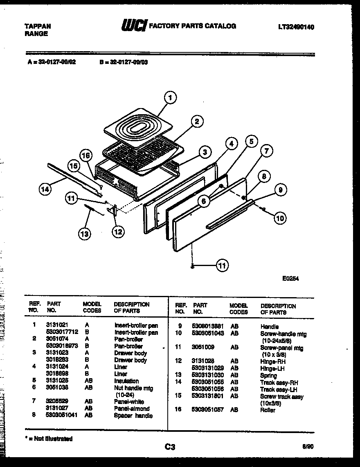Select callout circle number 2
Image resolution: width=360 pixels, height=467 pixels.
pos(197,121)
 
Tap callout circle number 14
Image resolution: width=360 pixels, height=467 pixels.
pos(45,189)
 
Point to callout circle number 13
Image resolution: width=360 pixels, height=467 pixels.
pos(84,234)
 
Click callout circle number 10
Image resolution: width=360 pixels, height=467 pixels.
pos(280,218)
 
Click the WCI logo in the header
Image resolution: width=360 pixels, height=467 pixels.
pos(133,26)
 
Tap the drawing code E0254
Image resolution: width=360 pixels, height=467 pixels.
pos(290,278)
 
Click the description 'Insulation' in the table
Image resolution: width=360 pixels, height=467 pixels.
pos(126,381)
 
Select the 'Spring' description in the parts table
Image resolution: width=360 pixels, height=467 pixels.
pos(268,376)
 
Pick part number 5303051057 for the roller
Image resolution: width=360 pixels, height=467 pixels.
pos(208,410)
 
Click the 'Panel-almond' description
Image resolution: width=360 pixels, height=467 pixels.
pos(131,408)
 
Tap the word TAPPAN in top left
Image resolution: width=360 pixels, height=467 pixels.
pos(38,26)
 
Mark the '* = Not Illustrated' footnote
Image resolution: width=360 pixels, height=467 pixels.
pos(49,439)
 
